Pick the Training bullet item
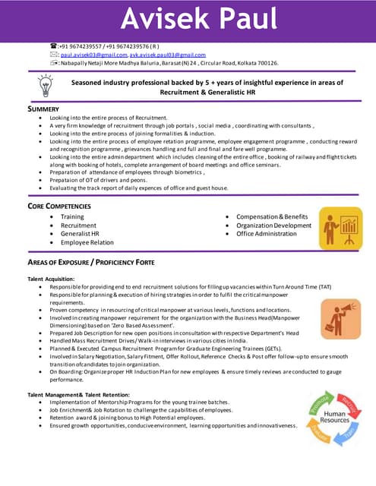72,217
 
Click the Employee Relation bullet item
87,242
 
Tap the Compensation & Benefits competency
272,217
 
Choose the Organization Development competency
273,226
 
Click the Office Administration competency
266,234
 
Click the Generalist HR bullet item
80,234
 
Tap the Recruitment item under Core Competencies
78,226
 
